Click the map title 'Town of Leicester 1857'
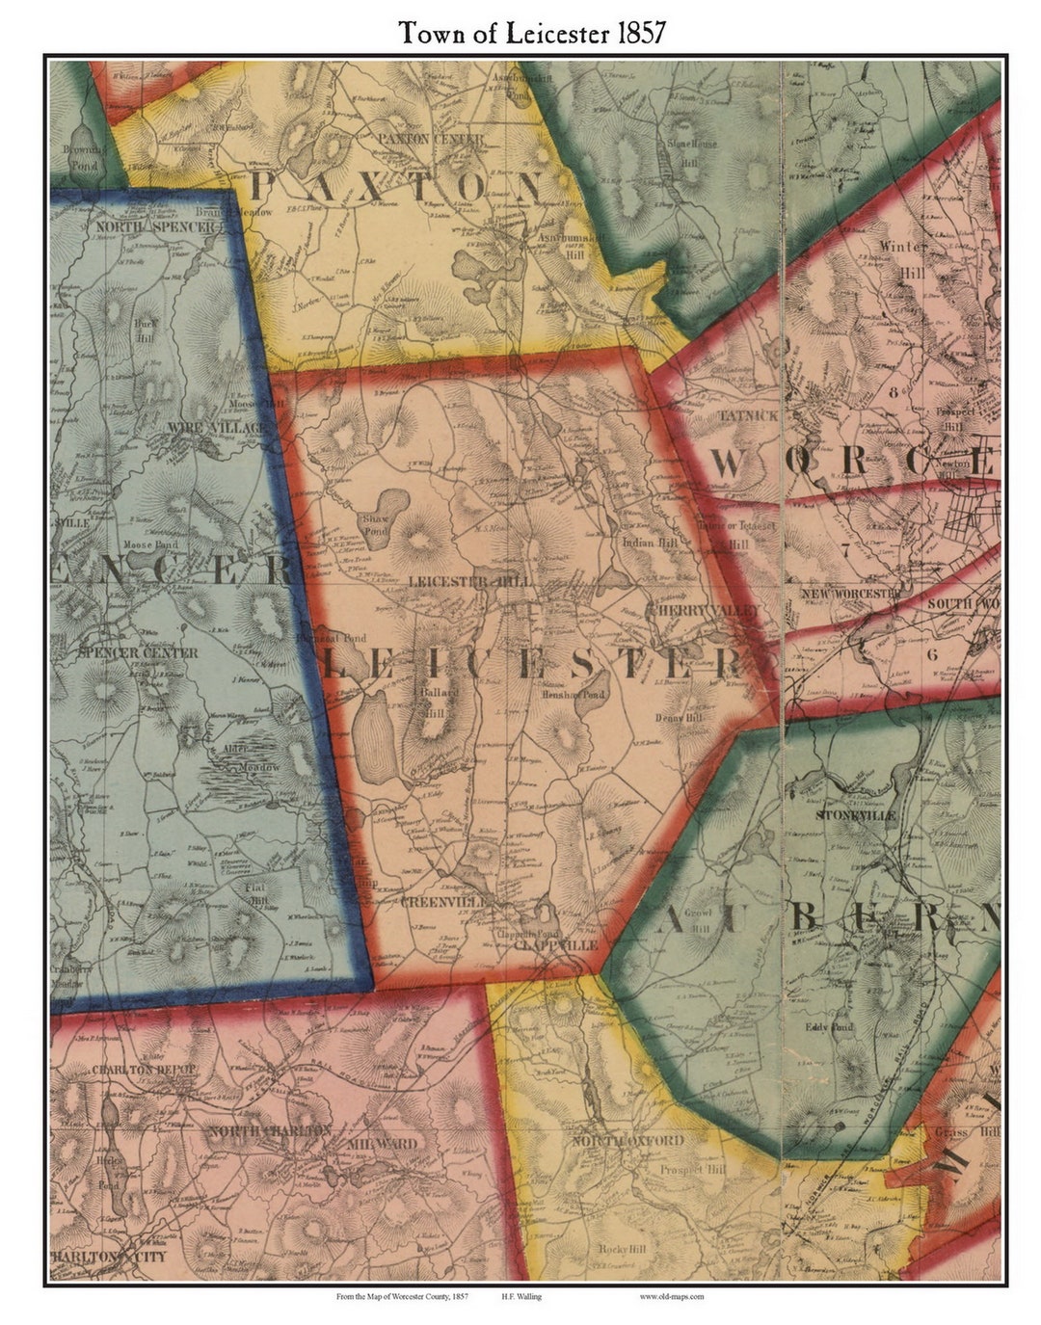pos(531,33)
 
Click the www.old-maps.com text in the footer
pos(671,1296)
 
